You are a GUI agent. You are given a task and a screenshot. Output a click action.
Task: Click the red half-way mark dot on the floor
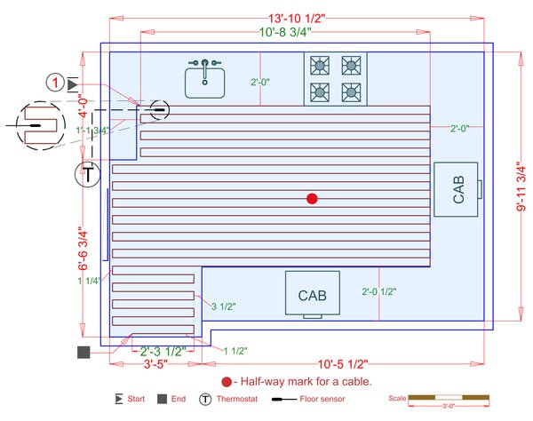click(311, 198)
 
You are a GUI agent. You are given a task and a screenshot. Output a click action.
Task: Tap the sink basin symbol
click(205, 82)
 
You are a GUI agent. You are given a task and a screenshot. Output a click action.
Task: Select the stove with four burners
click(336, 78)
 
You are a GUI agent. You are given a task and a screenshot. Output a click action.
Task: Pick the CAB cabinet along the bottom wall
click(312, 293)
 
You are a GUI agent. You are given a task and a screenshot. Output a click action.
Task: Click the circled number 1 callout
click(55, 83)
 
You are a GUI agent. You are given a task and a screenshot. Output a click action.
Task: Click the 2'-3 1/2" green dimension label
click(163, 352)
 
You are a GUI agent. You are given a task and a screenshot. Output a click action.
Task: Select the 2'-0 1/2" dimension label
click(378, 291)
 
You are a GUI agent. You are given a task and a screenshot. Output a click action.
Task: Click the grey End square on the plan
click(84, 353)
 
